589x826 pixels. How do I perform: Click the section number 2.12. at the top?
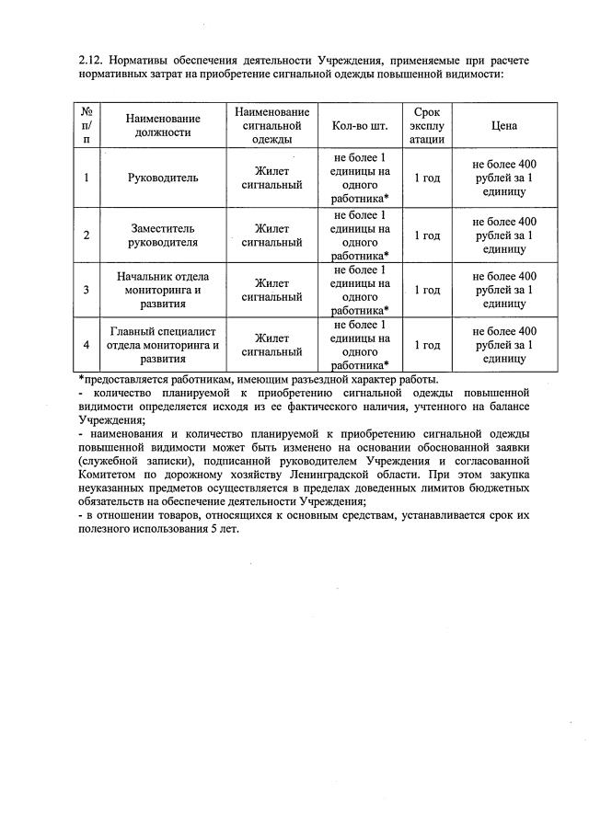click(x=93, y=60)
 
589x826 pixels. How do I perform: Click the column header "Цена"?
click(x=503, y=125)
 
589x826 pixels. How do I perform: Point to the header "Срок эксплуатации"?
click(x=427, y=125)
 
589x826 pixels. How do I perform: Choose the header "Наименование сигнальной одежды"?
click(x=271, y=125)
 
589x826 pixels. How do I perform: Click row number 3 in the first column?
click(x=87, y=290)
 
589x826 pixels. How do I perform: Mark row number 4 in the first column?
click(x=87, y=345)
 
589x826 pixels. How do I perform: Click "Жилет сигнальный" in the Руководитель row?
click(x=271, y=178)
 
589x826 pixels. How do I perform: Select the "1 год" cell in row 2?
click(x=427, y=235)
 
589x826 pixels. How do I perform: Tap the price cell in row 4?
click(x=503, y=345)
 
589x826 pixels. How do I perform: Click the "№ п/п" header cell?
click(x=87, y=125)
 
